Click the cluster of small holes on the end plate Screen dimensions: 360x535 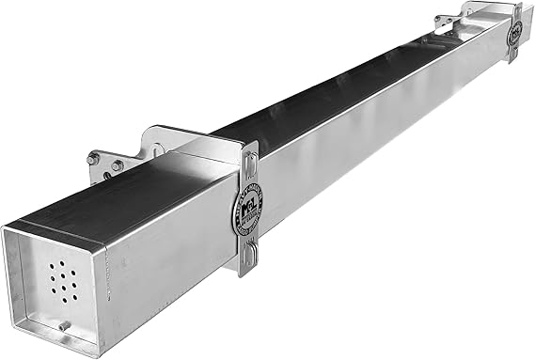pos(63,280)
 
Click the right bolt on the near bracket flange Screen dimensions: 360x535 pos(117,165)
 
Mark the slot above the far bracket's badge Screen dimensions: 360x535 pos(515,11)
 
